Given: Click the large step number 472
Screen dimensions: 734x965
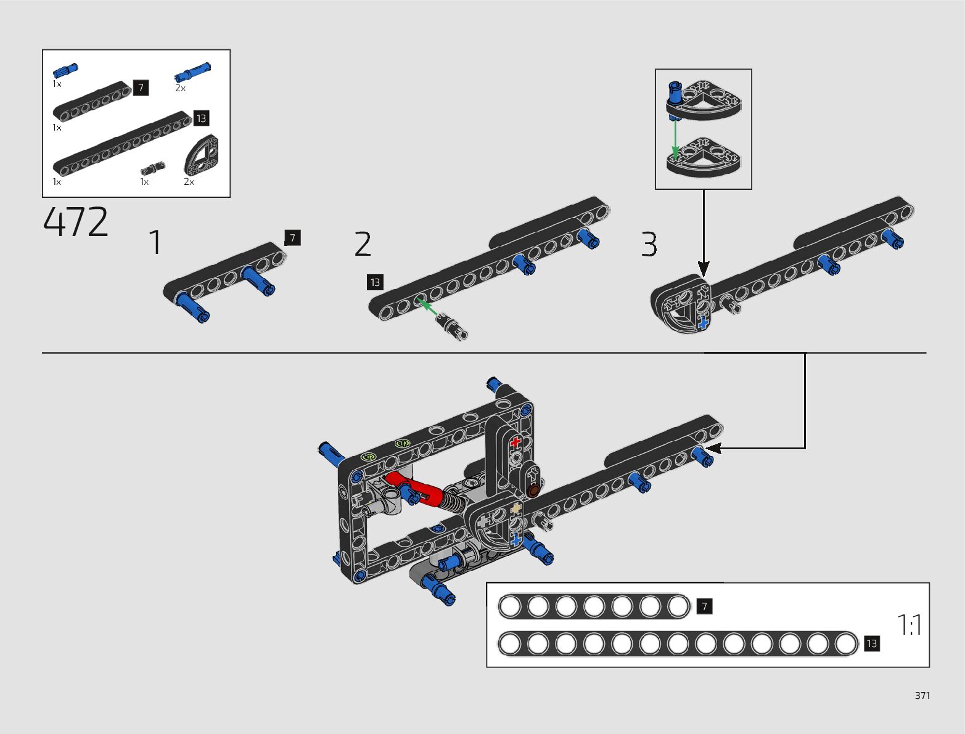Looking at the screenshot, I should (76, 222).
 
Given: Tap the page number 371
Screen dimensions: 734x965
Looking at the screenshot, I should (922, 695).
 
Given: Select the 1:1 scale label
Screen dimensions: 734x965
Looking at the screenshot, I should (910, 625).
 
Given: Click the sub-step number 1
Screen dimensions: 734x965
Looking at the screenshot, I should (155, 242).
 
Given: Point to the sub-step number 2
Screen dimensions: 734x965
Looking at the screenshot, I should (363, 244).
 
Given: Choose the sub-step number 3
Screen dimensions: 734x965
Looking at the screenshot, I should (649, 245).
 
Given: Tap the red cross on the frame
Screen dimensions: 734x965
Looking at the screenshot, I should (515, 442).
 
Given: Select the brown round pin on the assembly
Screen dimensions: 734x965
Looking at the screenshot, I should (533, 491).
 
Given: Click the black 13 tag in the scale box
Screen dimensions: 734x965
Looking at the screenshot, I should (871, 643).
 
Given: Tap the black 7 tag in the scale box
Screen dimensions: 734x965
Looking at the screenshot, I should (704, 606).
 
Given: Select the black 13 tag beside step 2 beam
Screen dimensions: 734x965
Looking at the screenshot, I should (375, 282).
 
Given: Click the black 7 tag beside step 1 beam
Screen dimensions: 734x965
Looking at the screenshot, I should (292, 237).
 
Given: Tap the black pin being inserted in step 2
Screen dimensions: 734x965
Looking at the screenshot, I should (453, 326).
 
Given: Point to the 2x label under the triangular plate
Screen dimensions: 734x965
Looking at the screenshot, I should (189, 182).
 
